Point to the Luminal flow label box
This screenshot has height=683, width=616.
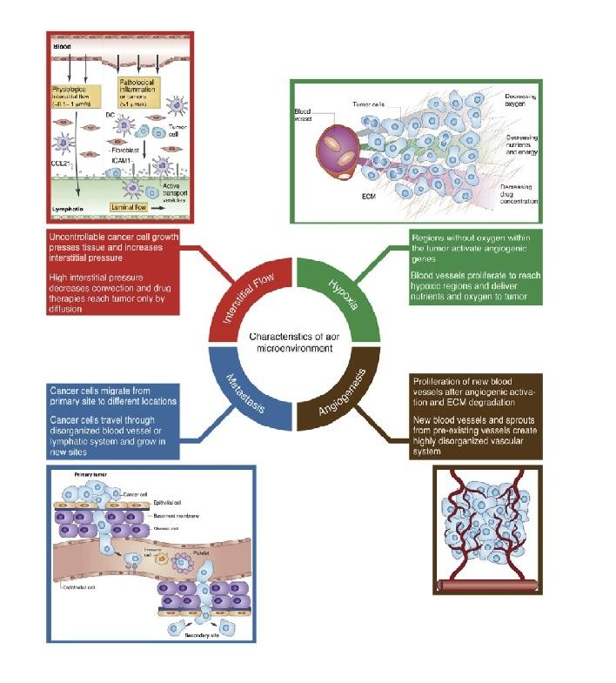131,209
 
